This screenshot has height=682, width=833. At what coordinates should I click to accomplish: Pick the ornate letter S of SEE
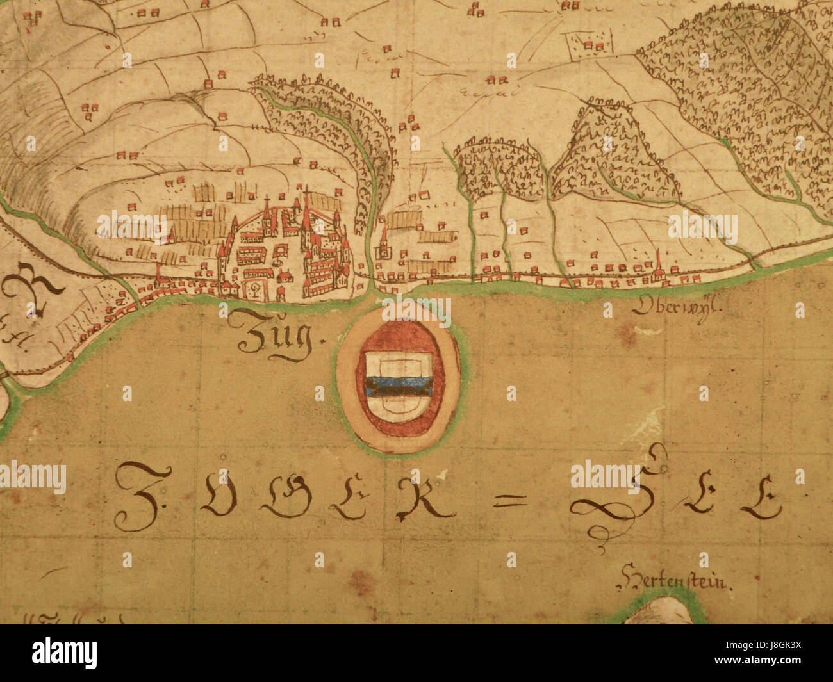615,496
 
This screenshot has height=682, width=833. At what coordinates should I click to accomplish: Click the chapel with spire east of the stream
384,243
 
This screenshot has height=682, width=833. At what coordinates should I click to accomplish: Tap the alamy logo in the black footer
64,653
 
